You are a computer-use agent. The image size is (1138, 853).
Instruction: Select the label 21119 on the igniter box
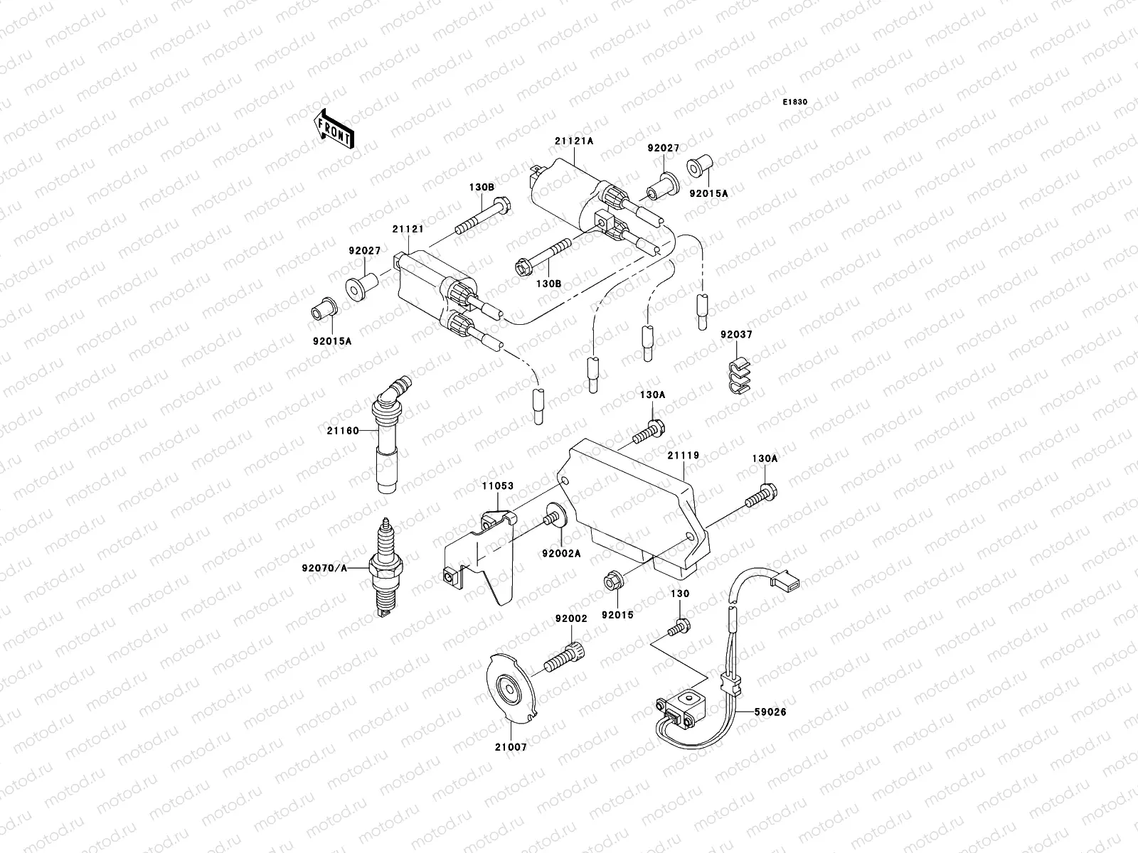tap(683, 455)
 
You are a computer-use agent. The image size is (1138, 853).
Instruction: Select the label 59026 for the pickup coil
tap(771, 711)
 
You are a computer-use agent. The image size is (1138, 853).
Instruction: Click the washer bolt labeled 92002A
tap(554, 517)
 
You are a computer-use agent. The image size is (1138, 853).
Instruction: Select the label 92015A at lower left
tap(331, 341)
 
